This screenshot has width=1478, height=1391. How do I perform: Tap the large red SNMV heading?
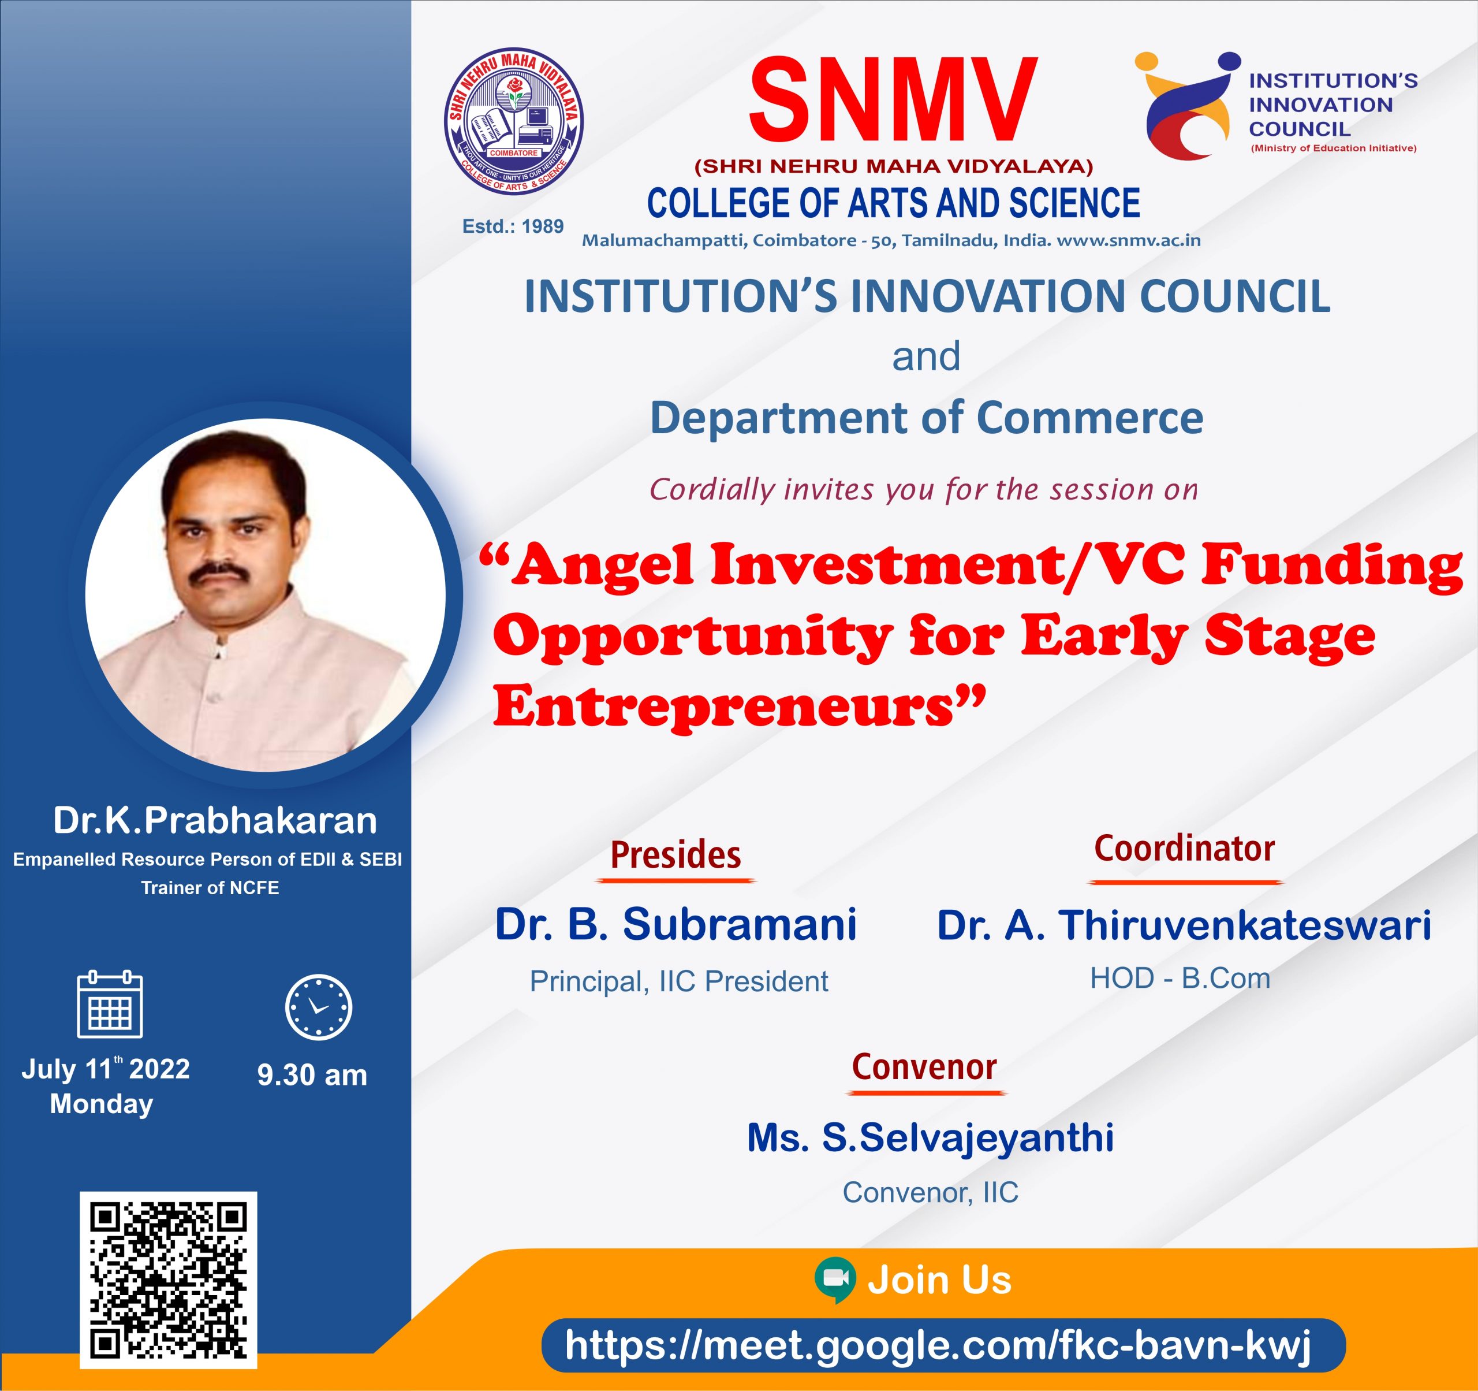[x=893, y=100]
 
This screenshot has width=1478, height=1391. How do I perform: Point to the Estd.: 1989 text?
[x=513, y=226]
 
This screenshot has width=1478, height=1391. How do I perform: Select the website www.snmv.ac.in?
[x=1129, y=240]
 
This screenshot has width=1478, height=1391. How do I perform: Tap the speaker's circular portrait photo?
[x=266, y=595]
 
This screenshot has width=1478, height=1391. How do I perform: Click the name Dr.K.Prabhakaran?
[x=215, y=820]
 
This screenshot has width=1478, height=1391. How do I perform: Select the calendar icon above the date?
[x=110, y=1004]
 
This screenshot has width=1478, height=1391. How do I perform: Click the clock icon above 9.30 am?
[x=319, y=1007]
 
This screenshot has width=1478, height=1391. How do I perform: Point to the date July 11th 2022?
[x=106, y=1068]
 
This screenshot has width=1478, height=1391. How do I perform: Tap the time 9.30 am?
[x=312, y=1075]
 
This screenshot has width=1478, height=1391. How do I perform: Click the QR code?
[x=169, y=1280]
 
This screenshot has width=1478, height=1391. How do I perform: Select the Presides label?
[x=676, y=855]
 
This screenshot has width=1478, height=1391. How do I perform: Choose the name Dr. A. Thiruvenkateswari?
[x=1184, y=925]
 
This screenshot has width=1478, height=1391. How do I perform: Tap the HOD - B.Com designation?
[x=1180, y=978]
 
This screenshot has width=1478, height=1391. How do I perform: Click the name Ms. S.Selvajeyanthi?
[x=930, y=1138]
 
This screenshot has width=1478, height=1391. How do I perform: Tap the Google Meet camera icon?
[x=835, y=1280]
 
